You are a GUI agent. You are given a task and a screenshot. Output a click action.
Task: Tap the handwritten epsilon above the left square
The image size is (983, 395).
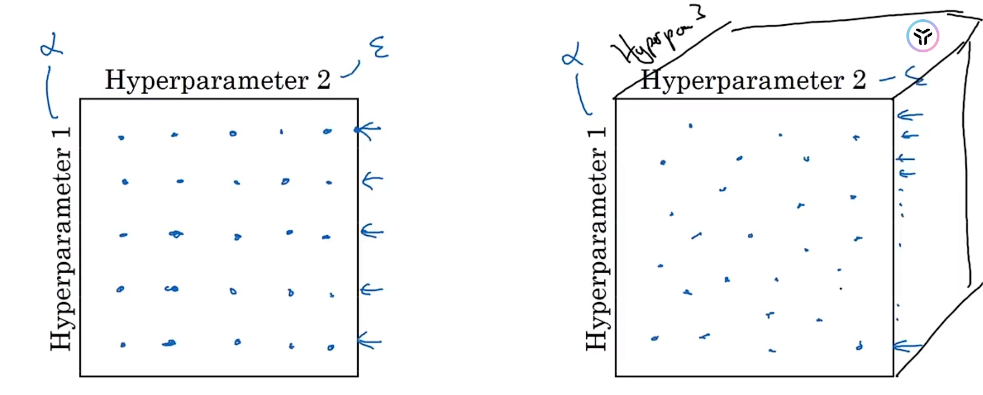pos(379,47)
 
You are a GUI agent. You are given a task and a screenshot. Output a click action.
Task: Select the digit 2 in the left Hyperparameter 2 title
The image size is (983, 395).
pos(323,80)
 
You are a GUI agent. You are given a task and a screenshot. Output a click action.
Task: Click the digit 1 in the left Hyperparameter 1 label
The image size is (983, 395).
pos(61,132)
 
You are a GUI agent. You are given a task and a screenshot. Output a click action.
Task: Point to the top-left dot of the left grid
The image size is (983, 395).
pos(121,137)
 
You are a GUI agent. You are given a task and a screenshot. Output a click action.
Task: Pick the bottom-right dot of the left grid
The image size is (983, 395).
pos(330,348)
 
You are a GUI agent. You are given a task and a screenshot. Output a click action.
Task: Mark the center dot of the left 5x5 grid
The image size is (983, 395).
pos(237,237)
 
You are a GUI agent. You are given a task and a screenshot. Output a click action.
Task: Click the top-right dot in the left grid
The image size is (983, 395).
pos(327,131)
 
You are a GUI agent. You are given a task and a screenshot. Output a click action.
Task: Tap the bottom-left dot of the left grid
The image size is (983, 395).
pos(123,345)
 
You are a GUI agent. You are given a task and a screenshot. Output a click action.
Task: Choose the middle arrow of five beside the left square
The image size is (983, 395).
pos(372,232)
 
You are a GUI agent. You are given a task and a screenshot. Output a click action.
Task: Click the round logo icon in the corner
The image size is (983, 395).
pos(922,36)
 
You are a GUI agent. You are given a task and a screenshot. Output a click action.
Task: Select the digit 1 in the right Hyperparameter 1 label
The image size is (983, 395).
pos(597,132)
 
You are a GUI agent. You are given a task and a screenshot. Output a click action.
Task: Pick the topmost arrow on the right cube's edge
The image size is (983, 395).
pos(909,116)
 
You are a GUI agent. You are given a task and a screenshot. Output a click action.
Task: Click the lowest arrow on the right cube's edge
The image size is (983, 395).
pos(907,347)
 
